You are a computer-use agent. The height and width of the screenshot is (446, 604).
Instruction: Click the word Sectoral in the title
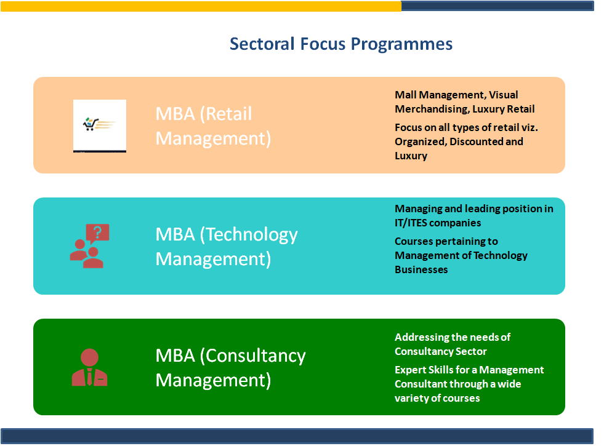tap(262, 44)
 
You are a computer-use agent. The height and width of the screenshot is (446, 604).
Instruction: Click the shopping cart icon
tap(91, 124)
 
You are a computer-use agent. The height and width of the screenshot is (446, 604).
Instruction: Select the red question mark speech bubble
tap(97, 233)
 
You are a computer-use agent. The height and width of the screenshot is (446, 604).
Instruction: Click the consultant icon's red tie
tap(90, 377)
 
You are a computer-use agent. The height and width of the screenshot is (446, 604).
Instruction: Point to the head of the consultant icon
tap(90, 357)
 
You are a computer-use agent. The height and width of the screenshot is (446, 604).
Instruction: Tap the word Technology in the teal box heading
tap(249, 236)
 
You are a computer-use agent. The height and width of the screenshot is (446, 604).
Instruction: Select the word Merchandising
tap(432, 110)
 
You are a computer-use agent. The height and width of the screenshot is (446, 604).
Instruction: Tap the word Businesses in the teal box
tap(421, 270)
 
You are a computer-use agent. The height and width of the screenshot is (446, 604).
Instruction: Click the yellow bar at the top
tap(201, 6)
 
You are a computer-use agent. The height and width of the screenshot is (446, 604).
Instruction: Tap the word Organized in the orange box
tap(421, 142)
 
